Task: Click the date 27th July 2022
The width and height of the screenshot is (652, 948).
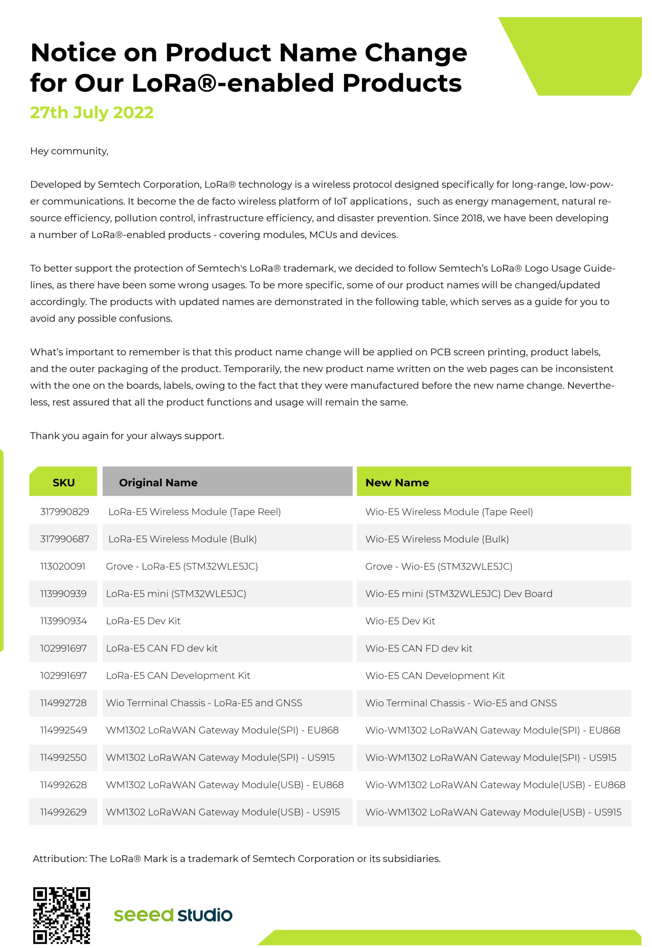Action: [92, 113]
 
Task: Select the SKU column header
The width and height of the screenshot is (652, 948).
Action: [64, 483]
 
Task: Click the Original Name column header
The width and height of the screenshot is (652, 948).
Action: [158, 483]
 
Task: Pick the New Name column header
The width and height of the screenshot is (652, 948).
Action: [397, 483]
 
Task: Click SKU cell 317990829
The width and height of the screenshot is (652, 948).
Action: [64, 512]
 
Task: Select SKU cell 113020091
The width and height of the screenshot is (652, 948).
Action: [63, 566]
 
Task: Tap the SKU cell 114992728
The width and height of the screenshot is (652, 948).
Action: [63, 703]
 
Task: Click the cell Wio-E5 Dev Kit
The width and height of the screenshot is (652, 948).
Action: [400, 621]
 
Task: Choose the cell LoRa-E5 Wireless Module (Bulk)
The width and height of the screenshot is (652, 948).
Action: [182, 539]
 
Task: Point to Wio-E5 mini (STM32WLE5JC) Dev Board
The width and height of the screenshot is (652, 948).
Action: [458, 594]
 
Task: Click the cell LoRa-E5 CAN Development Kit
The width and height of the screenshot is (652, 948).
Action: [178, 675]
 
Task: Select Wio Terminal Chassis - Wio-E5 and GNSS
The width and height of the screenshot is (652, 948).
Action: [461, 703]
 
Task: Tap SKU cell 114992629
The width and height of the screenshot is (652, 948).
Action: [63, 812]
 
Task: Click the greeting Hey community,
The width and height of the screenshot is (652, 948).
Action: [69, 151]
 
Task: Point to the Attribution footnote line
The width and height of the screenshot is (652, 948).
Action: [236, 858]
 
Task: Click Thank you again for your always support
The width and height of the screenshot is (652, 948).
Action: [127, 435]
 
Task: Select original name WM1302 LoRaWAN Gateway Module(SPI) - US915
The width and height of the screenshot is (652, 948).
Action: [220, 758]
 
